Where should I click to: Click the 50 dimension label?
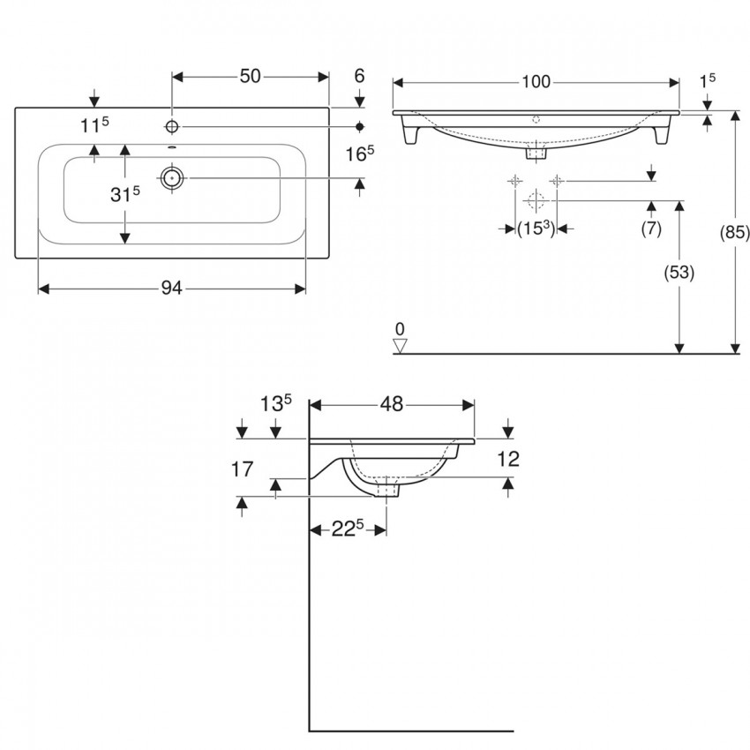(250, 76)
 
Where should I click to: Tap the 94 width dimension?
(171, 288)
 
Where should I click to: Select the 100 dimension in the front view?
(536, 82)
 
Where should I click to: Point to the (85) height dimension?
(735, 232)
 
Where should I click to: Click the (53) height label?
(679, 272)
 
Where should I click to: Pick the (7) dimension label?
(651, 229)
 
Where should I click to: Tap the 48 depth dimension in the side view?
(392, 404)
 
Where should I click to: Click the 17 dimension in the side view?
(242, 469)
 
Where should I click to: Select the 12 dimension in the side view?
(508, 459)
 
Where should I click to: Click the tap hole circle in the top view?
(172, 126)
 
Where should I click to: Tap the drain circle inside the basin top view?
(172, 178)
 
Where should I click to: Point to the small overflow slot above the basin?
(172, 146)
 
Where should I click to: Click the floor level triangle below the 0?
(400, 346)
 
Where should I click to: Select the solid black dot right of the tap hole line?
(360, 126)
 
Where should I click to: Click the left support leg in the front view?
(411, 129)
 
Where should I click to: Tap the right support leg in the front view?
(662, 129)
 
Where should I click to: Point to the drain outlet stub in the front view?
(536, 153)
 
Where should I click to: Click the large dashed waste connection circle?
(536, 200)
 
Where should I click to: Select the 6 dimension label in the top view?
(359, 76)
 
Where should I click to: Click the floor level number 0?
(400, 329)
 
